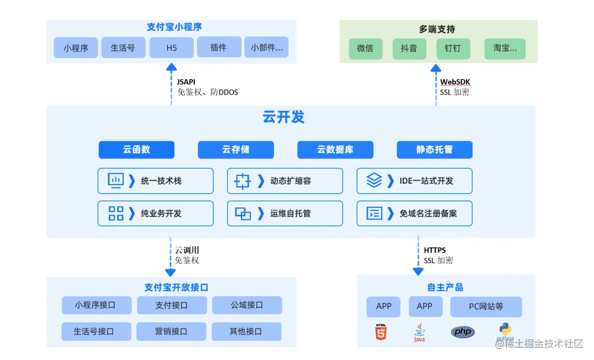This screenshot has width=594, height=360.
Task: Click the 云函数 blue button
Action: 136,149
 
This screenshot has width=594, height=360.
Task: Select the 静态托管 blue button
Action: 435,149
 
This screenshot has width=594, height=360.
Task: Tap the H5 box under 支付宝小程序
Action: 172,48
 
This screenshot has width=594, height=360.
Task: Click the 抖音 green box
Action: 409,48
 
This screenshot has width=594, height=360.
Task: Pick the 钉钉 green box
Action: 453,48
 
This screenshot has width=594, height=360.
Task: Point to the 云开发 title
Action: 283,117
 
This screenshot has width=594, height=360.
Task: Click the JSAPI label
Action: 186,82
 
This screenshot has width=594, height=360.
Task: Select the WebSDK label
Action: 455,82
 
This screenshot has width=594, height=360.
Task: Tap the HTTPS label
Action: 435,251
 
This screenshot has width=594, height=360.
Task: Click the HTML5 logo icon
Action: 381,332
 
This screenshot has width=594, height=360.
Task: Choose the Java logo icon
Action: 419,333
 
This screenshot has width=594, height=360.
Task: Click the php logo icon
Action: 463,332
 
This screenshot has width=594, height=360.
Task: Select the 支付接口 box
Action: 172,305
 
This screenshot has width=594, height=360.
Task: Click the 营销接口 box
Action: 171,331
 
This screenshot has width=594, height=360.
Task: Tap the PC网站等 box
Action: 486,307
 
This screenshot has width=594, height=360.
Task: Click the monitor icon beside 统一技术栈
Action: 116,180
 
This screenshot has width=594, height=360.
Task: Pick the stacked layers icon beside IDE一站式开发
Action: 374,180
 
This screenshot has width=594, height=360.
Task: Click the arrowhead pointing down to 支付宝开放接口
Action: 170,272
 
